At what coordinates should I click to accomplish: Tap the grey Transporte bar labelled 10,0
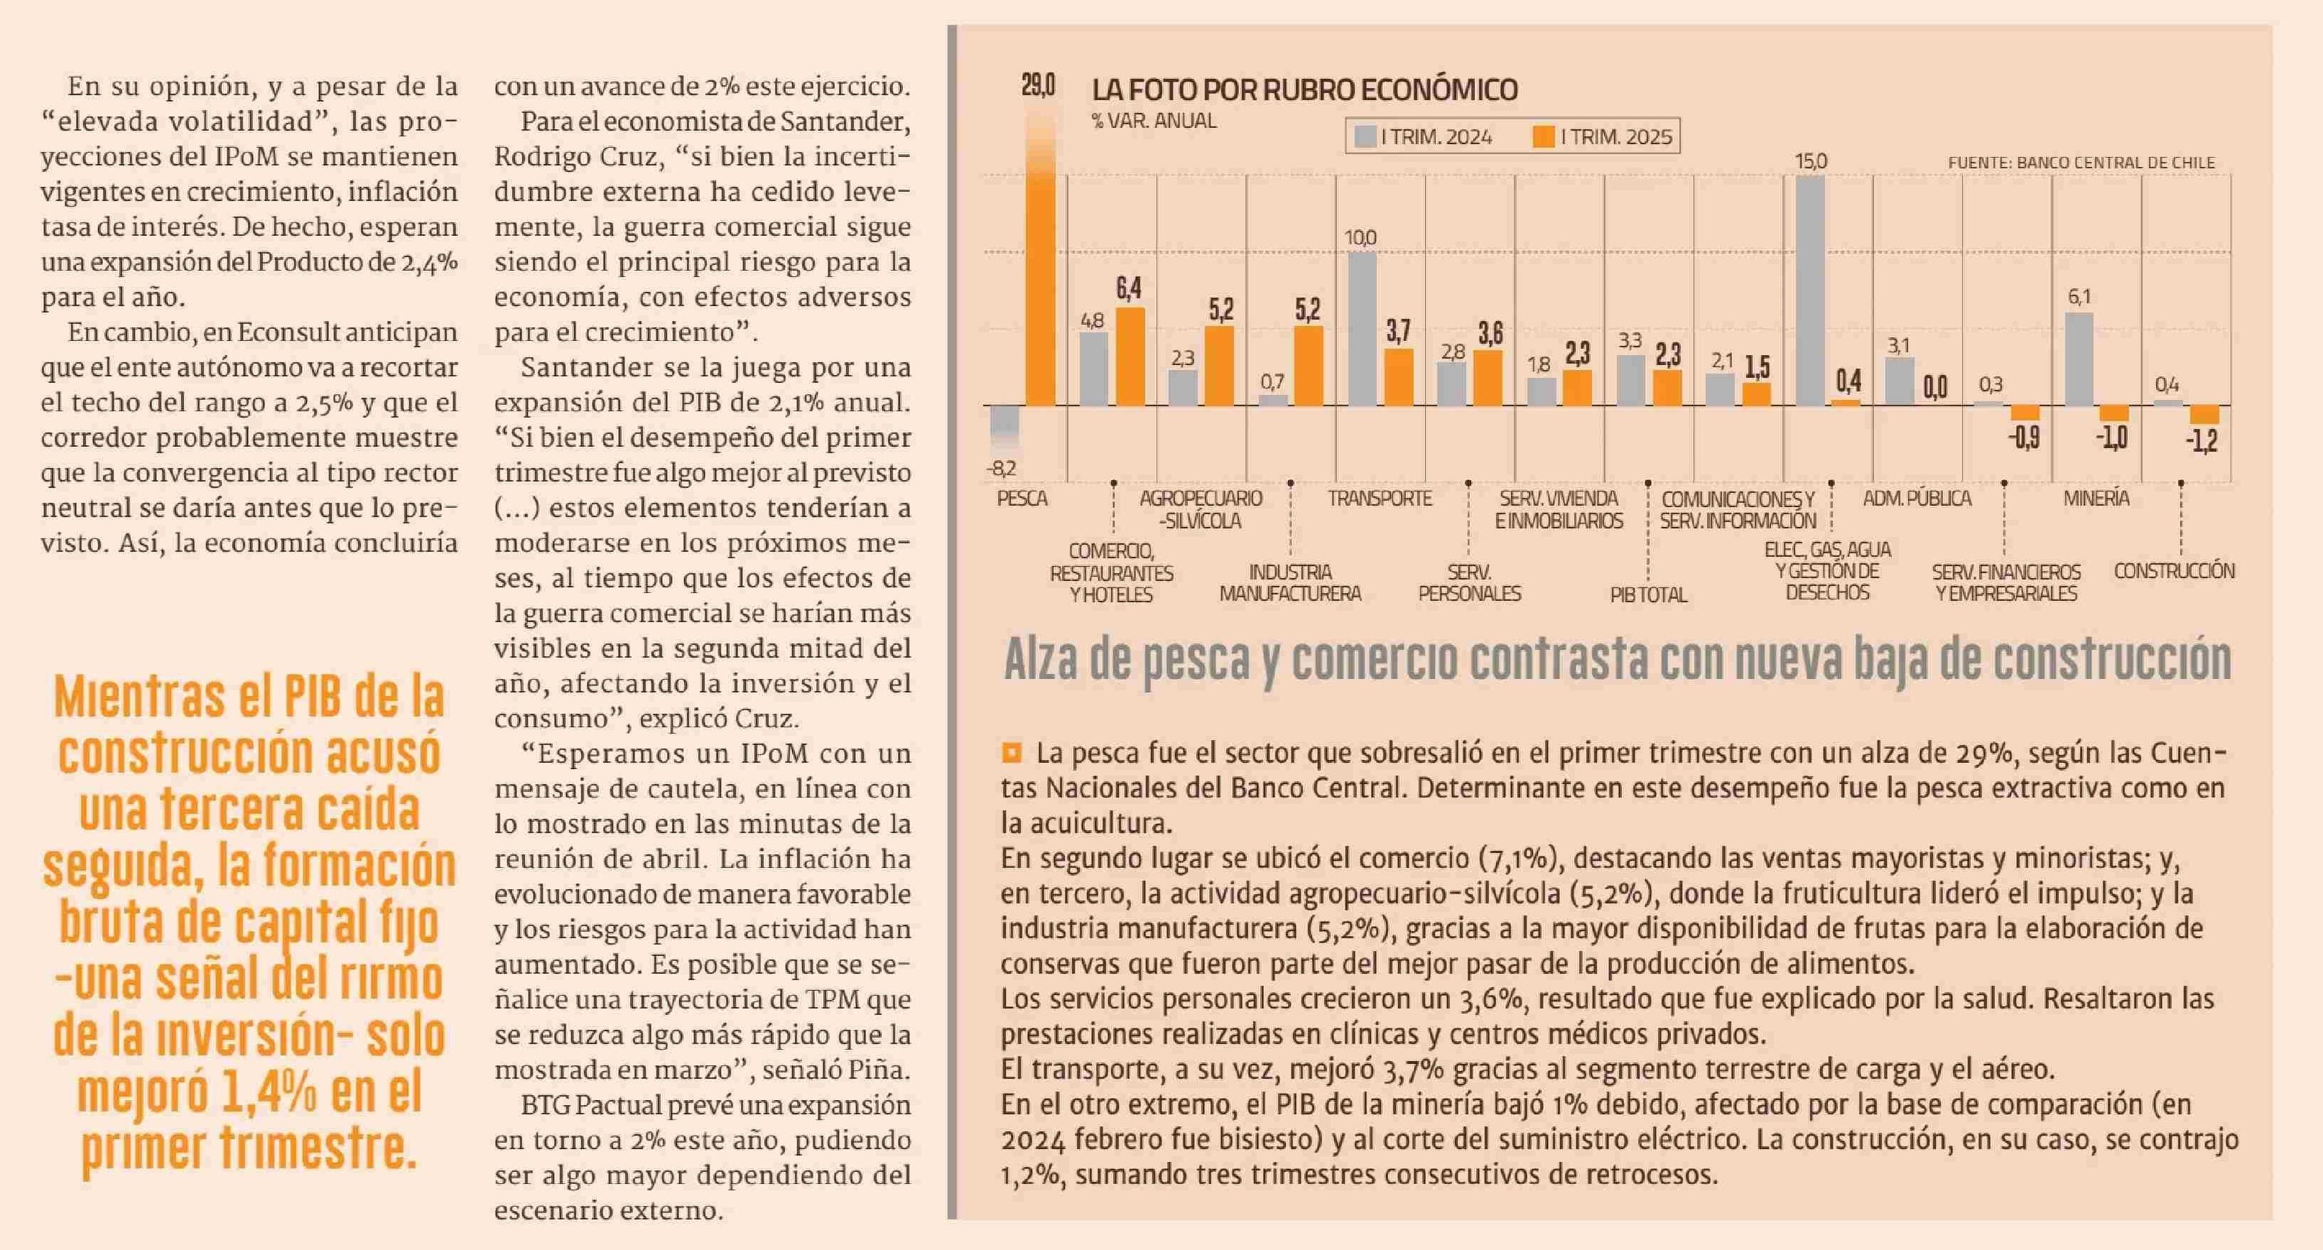pos(1362,329)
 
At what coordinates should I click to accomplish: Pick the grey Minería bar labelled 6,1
pos(2079,360)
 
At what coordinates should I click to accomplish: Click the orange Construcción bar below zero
pos(2204,415)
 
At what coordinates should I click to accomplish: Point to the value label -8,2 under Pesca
pos(1001,468)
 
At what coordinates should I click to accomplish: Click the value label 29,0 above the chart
pos(1038,86)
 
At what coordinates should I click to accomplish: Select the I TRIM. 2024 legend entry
pos(1423,137)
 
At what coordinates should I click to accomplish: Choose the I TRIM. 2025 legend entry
pos(1603,137)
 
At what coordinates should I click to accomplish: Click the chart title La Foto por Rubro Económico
pos(1304,90)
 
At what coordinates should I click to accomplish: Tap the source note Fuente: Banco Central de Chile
pos(2081,163)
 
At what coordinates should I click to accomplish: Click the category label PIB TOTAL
pos(1647,594)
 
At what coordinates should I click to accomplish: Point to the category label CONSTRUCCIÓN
pos(2175,571)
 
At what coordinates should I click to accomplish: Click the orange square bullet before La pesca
pos(1011,752)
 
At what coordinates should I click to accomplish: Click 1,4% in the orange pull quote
pos(268,1093)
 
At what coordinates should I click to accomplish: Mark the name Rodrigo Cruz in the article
pos(576,157)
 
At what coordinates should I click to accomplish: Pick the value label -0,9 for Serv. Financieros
pos(2024,438)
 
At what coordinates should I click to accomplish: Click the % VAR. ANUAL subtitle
pos(1154,121)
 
